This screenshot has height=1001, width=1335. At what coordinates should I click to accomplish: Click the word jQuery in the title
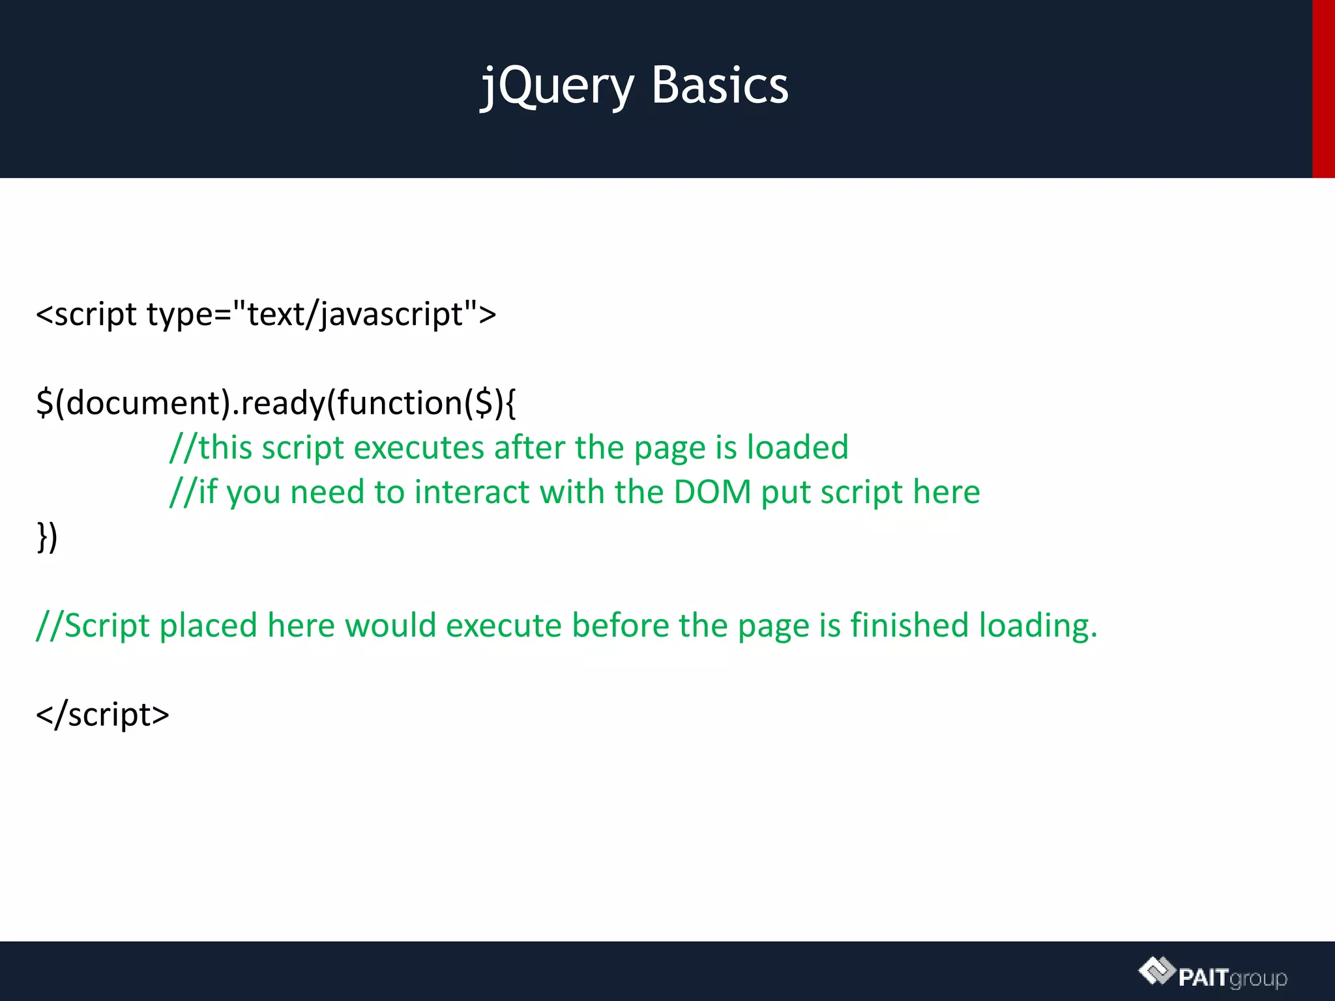tap(557, 87)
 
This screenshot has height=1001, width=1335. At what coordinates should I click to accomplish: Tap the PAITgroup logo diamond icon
tap(1156, 971)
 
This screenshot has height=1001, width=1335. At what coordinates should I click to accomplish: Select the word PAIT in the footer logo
tap(1203, 978)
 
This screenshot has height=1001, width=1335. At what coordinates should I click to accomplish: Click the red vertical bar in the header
tap(1323, 89)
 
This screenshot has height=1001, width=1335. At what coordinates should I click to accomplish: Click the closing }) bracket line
tap(47, 537)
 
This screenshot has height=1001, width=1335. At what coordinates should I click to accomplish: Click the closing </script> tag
tap(103, 715)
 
